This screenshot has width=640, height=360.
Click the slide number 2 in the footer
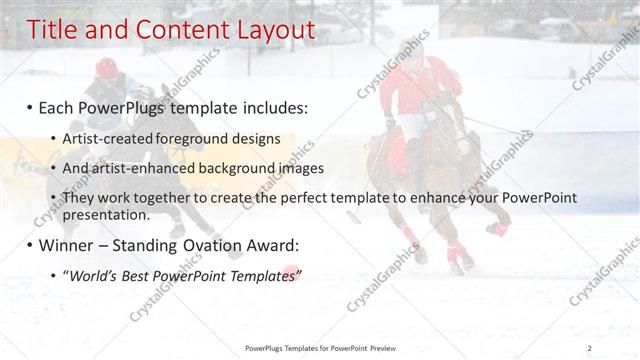590,347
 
